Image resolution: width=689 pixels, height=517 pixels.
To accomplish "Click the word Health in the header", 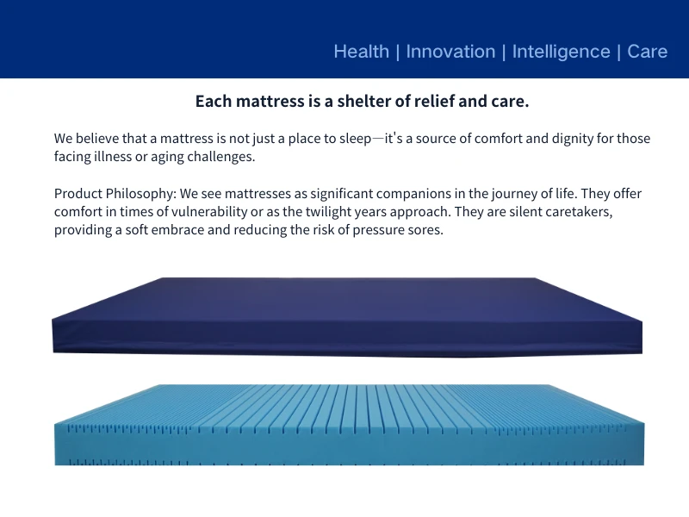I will tap(361, 52).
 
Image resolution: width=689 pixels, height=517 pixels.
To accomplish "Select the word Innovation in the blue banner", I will tap(450, 52).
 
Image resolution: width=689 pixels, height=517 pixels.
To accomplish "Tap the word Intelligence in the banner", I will tap(561, 52).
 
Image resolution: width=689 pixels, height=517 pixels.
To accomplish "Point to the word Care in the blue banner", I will tap(647, 52).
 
